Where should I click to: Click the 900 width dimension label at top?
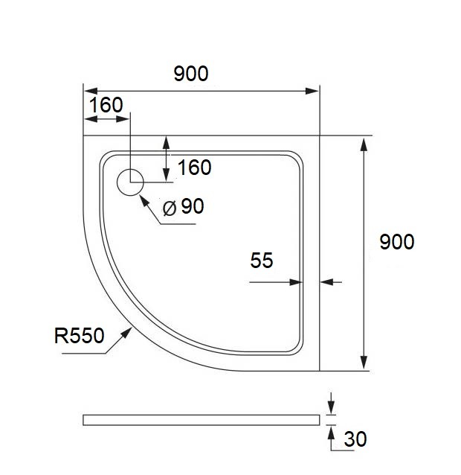coord(190,73)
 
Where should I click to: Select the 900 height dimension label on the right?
coord(396,242)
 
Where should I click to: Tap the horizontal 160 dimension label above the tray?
coord(105,105)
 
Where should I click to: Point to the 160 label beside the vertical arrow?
coord(195,168)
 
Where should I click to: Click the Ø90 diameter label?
coord(183,207)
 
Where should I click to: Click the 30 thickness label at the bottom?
coord(356,439)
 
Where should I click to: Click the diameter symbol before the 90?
coord(169,208)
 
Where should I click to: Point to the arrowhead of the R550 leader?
coord(128,332)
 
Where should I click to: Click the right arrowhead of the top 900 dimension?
coord(313,92)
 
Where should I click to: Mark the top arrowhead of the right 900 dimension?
coord(364,142)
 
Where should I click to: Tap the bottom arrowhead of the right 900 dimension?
coord(364,364)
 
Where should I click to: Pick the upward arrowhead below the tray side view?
coord(330,430)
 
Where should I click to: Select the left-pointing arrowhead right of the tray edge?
coord(326,282)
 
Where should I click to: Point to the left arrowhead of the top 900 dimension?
coord(88,92)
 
